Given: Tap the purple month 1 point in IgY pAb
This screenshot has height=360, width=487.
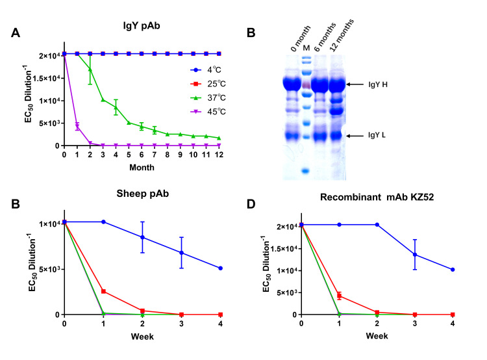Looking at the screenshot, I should (x=77, y=126).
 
